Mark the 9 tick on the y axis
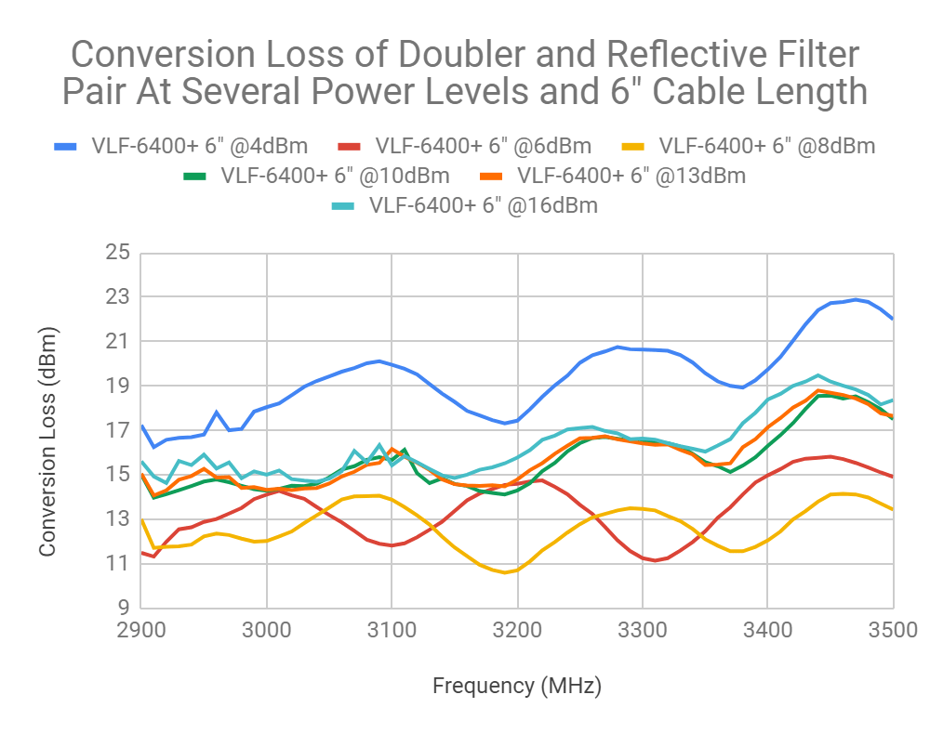(x=121, y=608)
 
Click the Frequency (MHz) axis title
(x=517, y=687)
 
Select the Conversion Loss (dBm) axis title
(x=48, y=441)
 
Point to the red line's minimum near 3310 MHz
(x=655, y=560)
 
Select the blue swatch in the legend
(x=66, y=146)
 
